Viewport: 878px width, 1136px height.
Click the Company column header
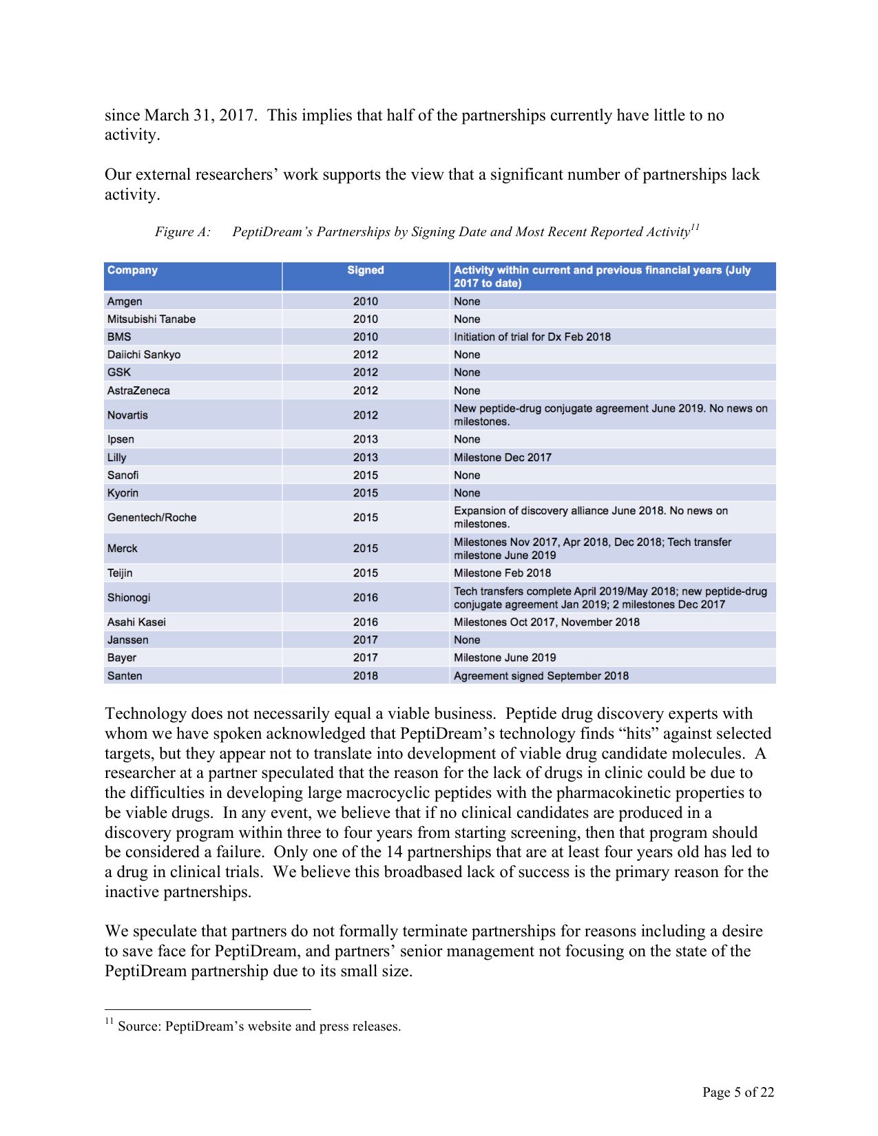click(x=132, y=270)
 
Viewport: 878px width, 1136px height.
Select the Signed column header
click(x=365, y=270)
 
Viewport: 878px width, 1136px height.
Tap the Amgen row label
click(x=125, y=302)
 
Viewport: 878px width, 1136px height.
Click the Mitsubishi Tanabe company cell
click(x=151, y=319)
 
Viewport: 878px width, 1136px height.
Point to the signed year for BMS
click(x=365, y=337)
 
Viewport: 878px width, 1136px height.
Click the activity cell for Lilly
click(x=503, y=457)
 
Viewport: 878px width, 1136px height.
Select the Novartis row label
click(x=127, y=415)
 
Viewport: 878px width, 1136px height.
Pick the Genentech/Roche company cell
click(x=151, y=518)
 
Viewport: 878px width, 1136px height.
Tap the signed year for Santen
click(x=365, y=676)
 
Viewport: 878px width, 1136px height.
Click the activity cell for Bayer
click(x=505, y=658)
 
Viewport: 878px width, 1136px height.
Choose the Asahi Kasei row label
click(x=136, y=622)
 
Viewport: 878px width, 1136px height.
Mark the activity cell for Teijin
click(x=502, y=573)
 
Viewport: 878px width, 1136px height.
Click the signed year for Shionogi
click(x=365, y=598)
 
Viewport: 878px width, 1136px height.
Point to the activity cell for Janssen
click(x=467, y=640)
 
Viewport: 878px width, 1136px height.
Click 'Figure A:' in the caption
click(x=182, y=232)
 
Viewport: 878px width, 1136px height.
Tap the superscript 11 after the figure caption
click(x=695, y=227)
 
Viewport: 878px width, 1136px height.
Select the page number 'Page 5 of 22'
click(x=738, y=1092)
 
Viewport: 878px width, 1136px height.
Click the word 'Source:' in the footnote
click(x=140, y=1027)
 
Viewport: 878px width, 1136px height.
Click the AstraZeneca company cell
click(x=138, y=390)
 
